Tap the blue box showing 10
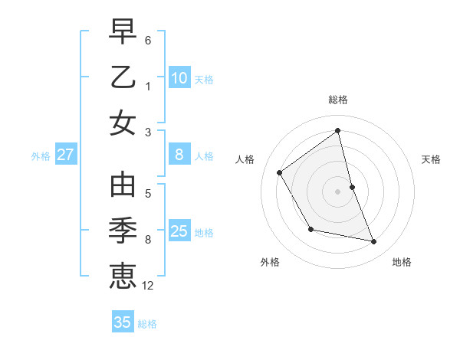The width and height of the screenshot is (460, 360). tap(179, 77)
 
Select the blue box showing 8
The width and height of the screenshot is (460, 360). tap(179, 155)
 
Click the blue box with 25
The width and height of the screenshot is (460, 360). tap(179, 231)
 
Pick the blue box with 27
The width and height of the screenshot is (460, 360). tap(66, 155)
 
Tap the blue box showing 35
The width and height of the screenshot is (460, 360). tap(123, 322)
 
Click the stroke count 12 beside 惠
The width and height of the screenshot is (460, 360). tap(148, 286)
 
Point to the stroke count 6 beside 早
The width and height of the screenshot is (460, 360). tap(148, 40)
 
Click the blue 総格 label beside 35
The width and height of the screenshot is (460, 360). tap(147, 324)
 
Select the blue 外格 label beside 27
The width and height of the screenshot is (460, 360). tap(41, 156)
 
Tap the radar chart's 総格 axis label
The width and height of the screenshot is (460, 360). tap(338, 100)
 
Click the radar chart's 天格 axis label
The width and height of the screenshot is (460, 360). tap(431, 159)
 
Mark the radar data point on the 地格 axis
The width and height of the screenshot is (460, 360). tap(374, 242)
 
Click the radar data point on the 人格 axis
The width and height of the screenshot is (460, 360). tap(279, 172)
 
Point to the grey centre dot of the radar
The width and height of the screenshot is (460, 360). tap(338, 191)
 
